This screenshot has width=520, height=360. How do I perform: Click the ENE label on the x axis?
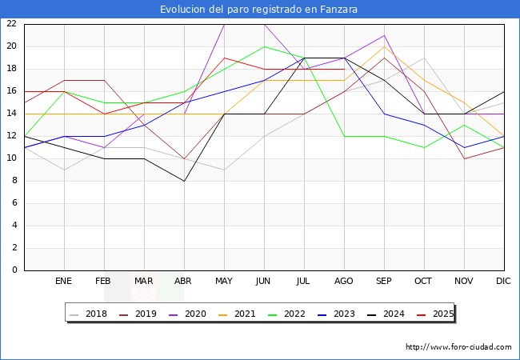pyautogui.click(x=64, y=282)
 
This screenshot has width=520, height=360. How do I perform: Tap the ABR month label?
pyautogui.click(x=184, y=282)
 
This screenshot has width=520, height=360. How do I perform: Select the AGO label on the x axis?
pyautogui.click(x=344, y=282)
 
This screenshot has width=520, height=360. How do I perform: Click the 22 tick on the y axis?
pyautogui.click(x=11, y=23)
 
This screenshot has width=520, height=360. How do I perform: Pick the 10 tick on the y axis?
pyautogui.click(x=11, y=158)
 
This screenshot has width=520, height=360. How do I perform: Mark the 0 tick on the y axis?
pyautogui.click(x=14, y=270)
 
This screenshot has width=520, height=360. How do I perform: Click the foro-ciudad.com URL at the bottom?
pyautogui.click(x=458, y=347)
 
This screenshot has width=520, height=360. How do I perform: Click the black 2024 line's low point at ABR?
pyautogui.click(x=184, y=181)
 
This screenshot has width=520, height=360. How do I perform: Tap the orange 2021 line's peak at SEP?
pyautogui.click(x=384, y=46)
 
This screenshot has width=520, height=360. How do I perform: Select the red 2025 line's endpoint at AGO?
pyautogui.click(x=344, y=69)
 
